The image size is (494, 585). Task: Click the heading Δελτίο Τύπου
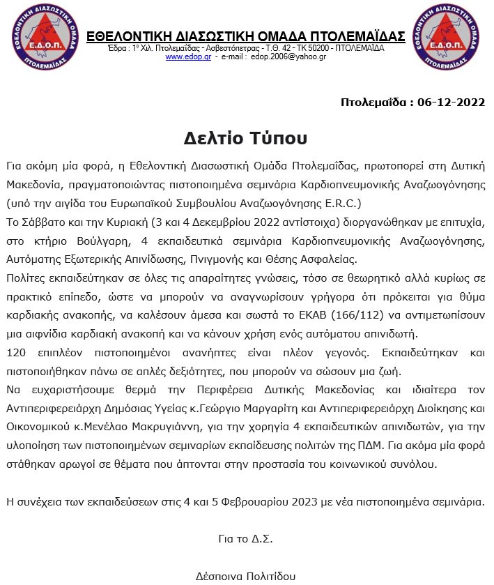pos(246,137)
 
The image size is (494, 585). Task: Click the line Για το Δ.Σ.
pos(245,538)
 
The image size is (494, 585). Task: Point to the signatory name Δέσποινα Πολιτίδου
pos(245,576)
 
